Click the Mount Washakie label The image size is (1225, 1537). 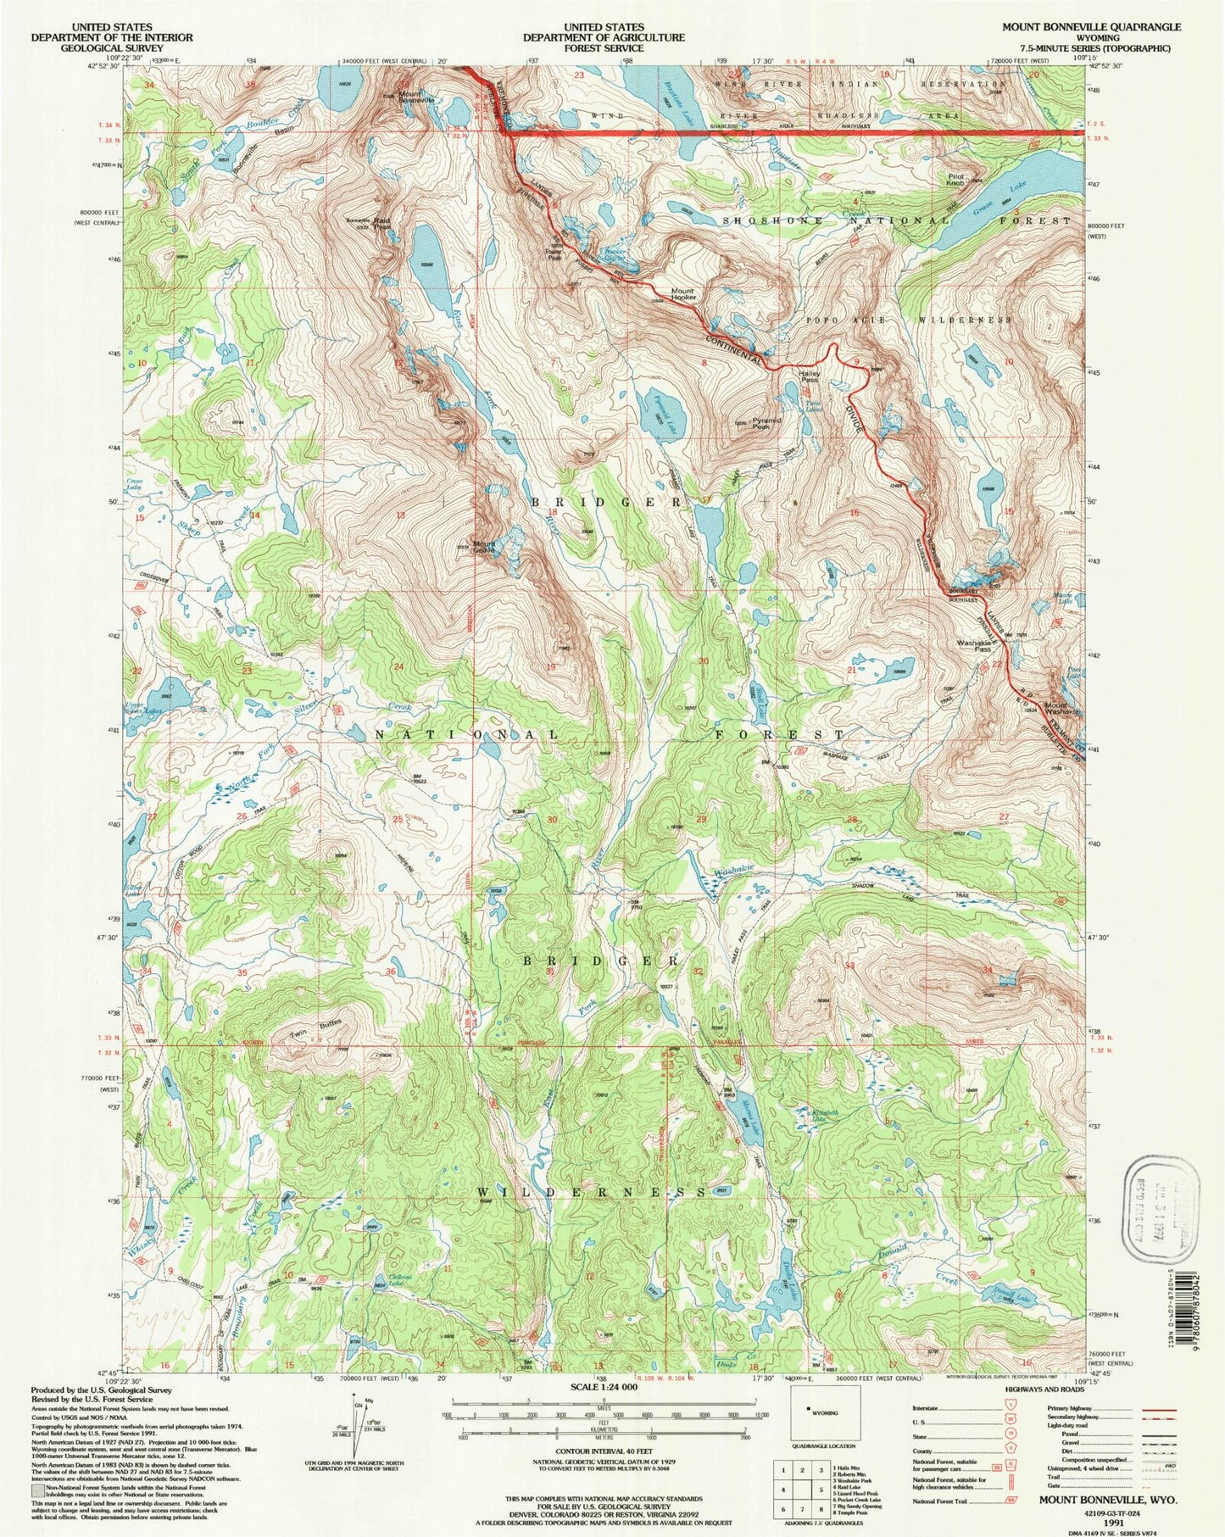point(1061,709)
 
